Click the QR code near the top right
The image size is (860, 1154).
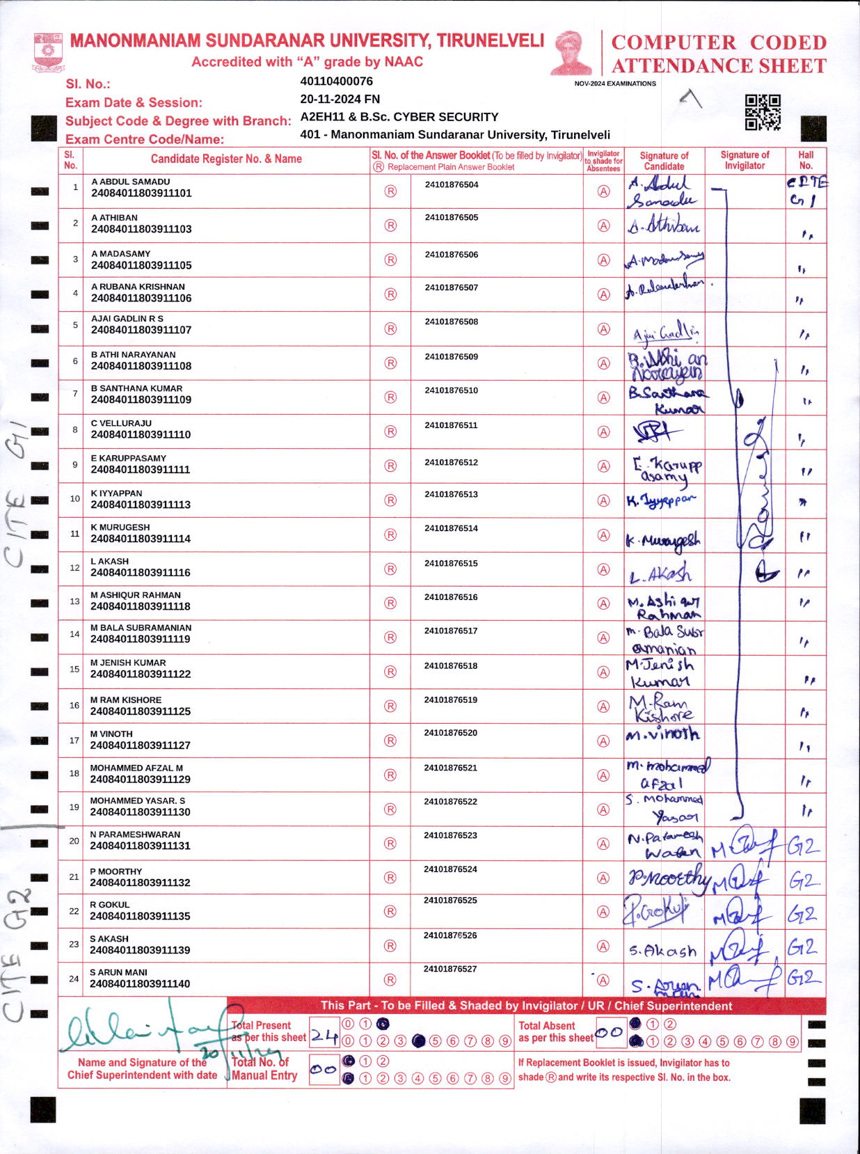pos(763,112)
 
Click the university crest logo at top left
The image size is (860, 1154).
pos(48,52)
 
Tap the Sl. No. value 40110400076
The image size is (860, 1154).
pos(336,81)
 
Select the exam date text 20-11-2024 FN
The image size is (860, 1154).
pos(340,99)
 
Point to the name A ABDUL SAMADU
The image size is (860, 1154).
pos(130,182)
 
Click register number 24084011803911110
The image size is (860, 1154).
pos(141,434)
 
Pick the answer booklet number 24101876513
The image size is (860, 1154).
pos(451,494)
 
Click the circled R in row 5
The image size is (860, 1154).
pos(390,329)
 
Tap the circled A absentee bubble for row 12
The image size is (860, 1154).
pos(603,569)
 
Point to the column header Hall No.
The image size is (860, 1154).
pos(806,160)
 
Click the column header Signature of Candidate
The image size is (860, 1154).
pos(664,161)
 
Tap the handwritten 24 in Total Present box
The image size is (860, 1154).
pos(324,1036)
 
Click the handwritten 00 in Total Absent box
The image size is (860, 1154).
pos(610,1033)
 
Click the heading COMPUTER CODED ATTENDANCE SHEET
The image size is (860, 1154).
pos(719,54)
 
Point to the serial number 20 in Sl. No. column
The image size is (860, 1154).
pos(74,841)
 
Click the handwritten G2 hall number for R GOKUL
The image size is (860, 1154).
pos(802,914)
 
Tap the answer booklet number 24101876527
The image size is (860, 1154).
pos(450,969)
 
